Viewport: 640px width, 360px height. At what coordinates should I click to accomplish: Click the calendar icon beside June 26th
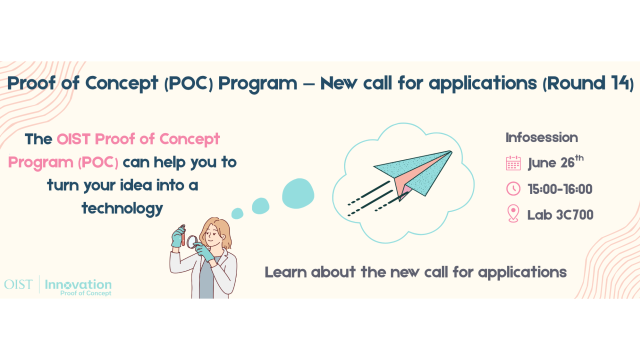pos(513,163)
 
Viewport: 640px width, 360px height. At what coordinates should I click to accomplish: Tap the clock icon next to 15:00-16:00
pos(513,189)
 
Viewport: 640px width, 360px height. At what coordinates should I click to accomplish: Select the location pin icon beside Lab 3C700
pos(513,214)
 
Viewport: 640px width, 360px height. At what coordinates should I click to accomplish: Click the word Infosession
pos(541,137)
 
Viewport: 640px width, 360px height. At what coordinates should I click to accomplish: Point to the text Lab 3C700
pos(560,215)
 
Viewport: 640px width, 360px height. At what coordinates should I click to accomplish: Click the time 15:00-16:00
pos(560,189)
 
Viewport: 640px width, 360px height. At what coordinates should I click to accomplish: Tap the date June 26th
pos(555,163)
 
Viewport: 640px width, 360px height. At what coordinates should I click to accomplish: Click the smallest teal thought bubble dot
pos(237,213)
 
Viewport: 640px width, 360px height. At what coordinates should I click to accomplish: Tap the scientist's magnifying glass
pos(191,239)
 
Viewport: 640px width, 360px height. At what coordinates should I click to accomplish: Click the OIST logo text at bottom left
pos(18,285)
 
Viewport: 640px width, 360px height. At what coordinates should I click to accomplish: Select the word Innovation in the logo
pos(78,284)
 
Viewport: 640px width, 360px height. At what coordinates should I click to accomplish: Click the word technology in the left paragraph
pos(122,208)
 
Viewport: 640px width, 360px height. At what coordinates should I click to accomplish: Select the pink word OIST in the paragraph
pos(73,139)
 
